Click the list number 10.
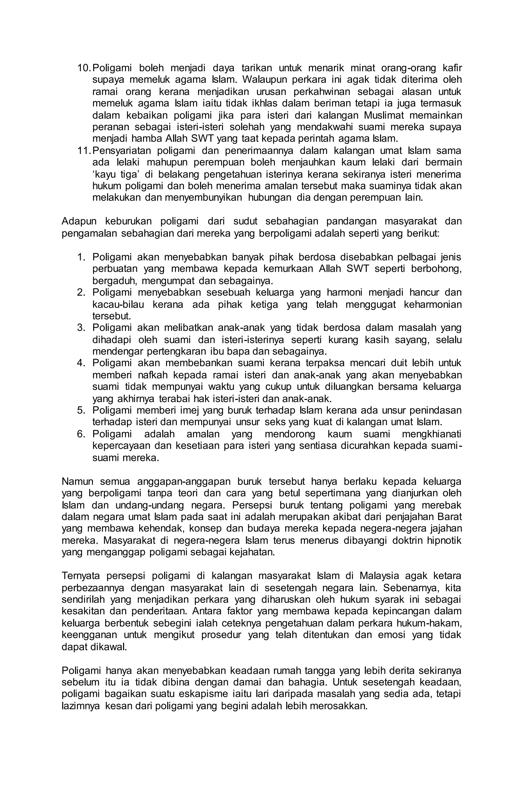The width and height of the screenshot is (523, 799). pos(84,68)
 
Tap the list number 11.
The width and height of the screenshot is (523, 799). pos(84,151)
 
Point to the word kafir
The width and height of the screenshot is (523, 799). pos(453,68)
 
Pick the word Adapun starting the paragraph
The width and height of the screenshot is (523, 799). pos(79,222)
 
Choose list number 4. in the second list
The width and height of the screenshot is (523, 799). pos(81,363)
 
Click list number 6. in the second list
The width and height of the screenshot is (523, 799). pos(81,434)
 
